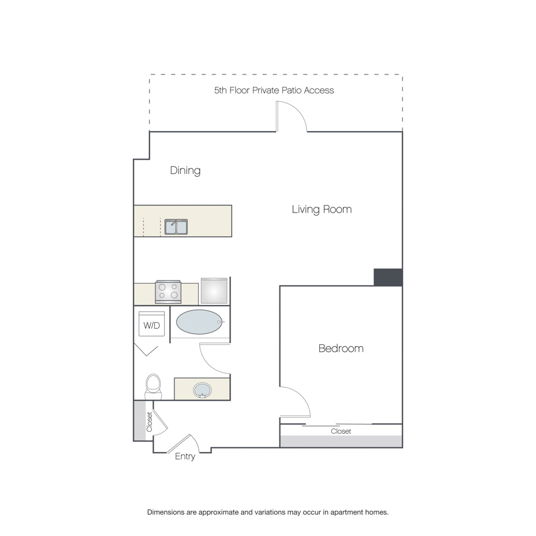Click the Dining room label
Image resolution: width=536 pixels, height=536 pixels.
[185, 170]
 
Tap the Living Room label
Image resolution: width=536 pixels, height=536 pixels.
[322, 209]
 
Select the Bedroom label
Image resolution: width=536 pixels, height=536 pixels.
[341, 348]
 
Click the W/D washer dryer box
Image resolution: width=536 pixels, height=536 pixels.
[152, 324]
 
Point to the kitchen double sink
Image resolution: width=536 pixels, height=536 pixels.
[176, 227]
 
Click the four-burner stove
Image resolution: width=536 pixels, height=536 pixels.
[168, 292]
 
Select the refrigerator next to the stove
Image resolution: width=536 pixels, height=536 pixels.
[214, 291]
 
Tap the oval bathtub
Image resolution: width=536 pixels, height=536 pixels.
[200, 322]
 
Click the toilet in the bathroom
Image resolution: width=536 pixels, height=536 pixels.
[153, 387]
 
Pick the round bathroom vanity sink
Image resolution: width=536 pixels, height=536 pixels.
[202, 390]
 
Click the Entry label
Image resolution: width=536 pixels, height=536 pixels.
[185, 457]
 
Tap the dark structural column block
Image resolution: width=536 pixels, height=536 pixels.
[388, 277]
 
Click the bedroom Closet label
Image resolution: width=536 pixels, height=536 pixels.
[341, 431]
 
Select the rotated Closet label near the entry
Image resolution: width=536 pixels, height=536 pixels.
[149, 422]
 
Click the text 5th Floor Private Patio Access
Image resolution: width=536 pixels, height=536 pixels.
[274, 91]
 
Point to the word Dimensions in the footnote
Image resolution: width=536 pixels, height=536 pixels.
[166, 512]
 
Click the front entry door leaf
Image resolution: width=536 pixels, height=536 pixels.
[179, 443]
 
